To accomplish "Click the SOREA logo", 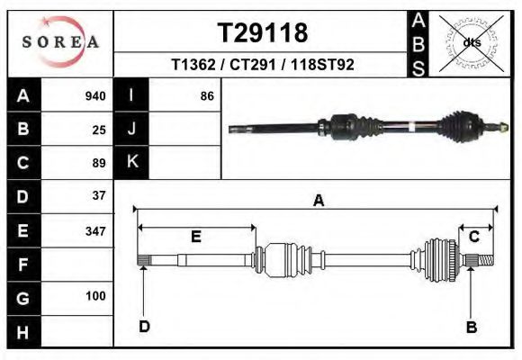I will tap(60, 41).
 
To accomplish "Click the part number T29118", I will tap(263, 33).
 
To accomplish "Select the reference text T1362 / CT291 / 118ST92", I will tap(262, 66).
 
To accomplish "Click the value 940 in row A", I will tap(94, 96).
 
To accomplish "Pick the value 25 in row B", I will tap(99, 130).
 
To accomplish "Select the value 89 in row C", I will tap(99, 163).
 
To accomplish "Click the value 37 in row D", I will tap(99, 195).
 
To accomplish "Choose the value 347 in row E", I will tap(95, 230).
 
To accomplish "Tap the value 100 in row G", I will tap(95, 296).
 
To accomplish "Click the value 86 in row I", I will tap(206, 96).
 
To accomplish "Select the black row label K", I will tap(131, 162).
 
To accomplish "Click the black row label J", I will tap(131, 130).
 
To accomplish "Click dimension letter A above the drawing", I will tap(318, 202).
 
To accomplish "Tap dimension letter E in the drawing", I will tap(195, 237).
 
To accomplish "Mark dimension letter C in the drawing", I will tap(473, 237).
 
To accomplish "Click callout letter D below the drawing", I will tap(143, 327).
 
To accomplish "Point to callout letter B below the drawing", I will tap(471, 327).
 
